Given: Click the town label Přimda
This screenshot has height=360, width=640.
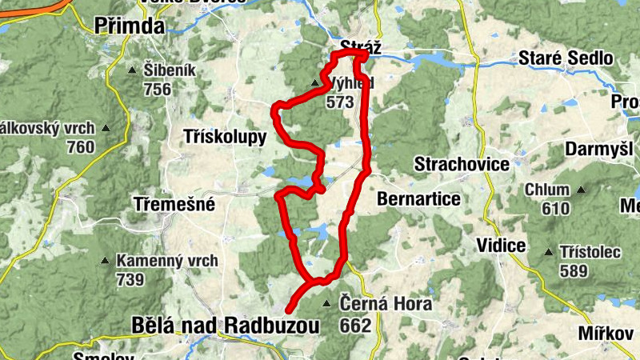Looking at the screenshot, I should click(129, 26).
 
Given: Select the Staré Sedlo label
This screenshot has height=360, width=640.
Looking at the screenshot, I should click(566, 58).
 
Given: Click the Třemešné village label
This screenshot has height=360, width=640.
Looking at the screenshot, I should click(174, 205).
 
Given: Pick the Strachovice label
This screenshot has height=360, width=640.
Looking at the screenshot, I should click(462, 165).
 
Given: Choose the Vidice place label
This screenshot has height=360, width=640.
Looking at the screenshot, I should click(500, 246).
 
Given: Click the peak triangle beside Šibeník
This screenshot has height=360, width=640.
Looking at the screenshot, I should click(132, 70).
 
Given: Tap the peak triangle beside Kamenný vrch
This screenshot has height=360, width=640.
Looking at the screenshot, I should click(105, 261).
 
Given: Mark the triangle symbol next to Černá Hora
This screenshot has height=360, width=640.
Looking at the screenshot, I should click(326, 304).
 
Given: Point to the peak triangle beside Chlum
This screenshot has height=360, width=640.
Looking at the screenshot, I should click(582, 190).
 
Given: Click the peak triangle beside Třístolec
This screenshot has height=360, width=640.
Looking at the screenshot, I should click(548, 252).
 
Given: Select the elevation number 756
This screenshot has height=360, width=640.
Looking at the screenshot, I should click(158, 89).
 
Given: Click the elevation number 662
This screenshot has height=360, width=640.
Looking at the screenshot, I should click(355, 326).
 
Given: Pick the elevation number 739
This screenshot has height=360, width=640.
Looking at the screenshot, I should click(129, 279).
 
